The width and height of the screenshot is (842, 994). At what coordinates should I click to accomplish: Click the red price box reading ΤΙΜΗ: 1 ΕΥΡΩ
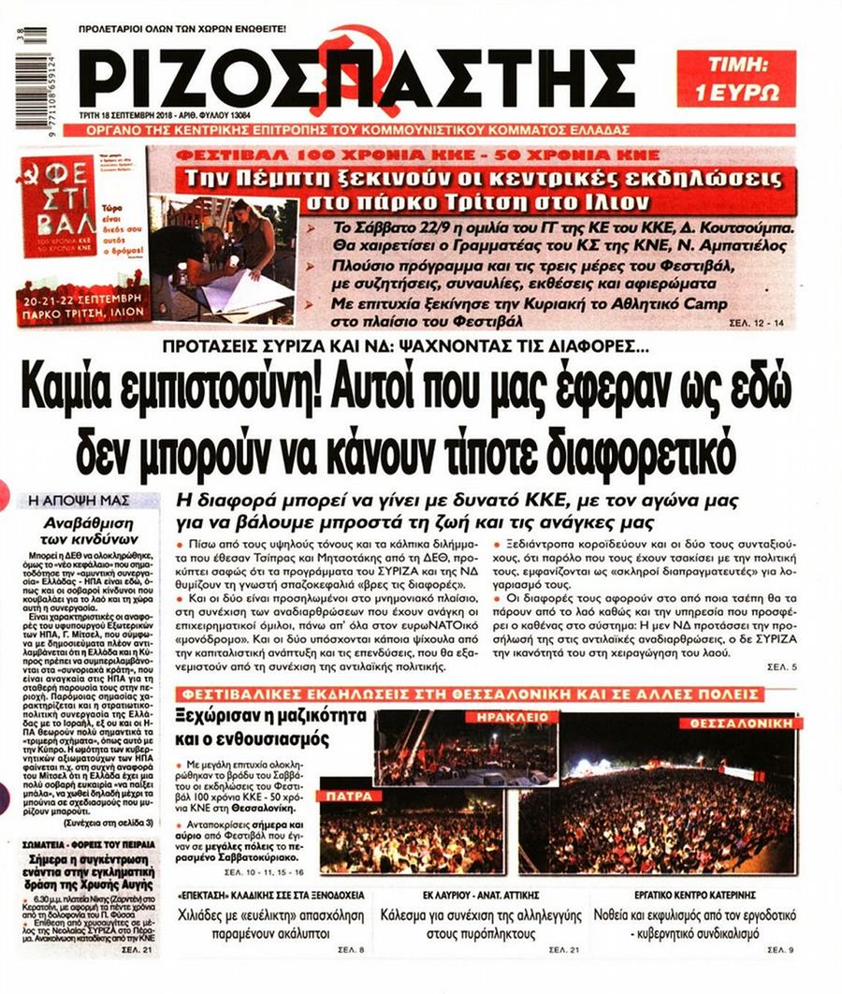[x=735, y=79]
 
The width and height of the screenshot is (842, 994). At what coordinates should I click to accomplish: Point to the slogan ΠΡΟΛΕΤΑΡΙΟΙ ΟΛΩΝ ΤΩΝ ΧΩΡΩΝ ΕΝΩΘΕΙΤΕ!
[x=183, y=30]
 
